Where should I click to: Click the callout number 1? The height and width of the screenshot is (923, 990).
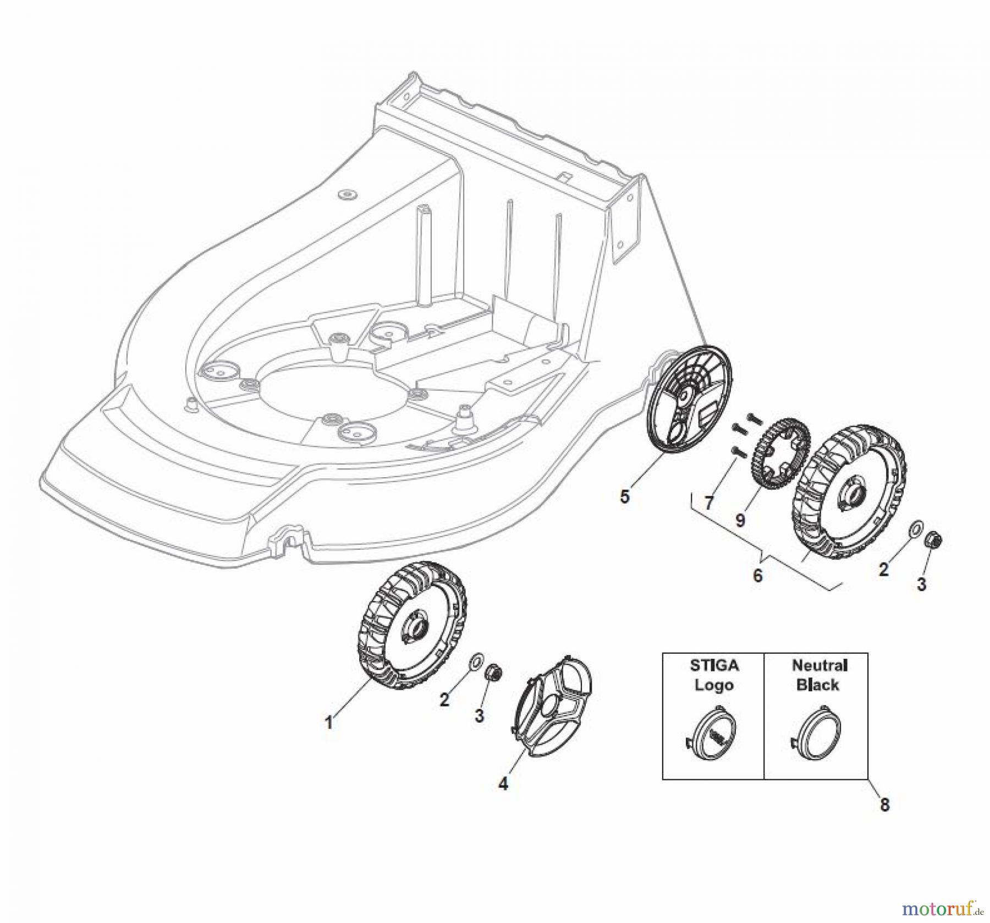pos(329,722)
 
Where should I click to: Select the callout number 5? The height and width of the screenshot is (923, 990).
pos(624,496)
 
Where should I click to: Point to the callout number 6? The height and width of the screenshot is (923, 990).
pos(757,575)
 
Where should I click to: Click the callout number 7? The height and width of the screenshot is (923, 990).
pos(709,502)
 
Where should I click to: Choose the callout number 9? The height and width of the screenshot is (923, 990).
pos(740,519)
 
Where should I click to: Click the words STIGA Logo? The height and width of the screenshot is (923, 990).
pos(714,675)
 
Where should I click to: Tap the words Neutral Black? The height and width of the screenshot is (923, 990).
pos(818,675)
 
